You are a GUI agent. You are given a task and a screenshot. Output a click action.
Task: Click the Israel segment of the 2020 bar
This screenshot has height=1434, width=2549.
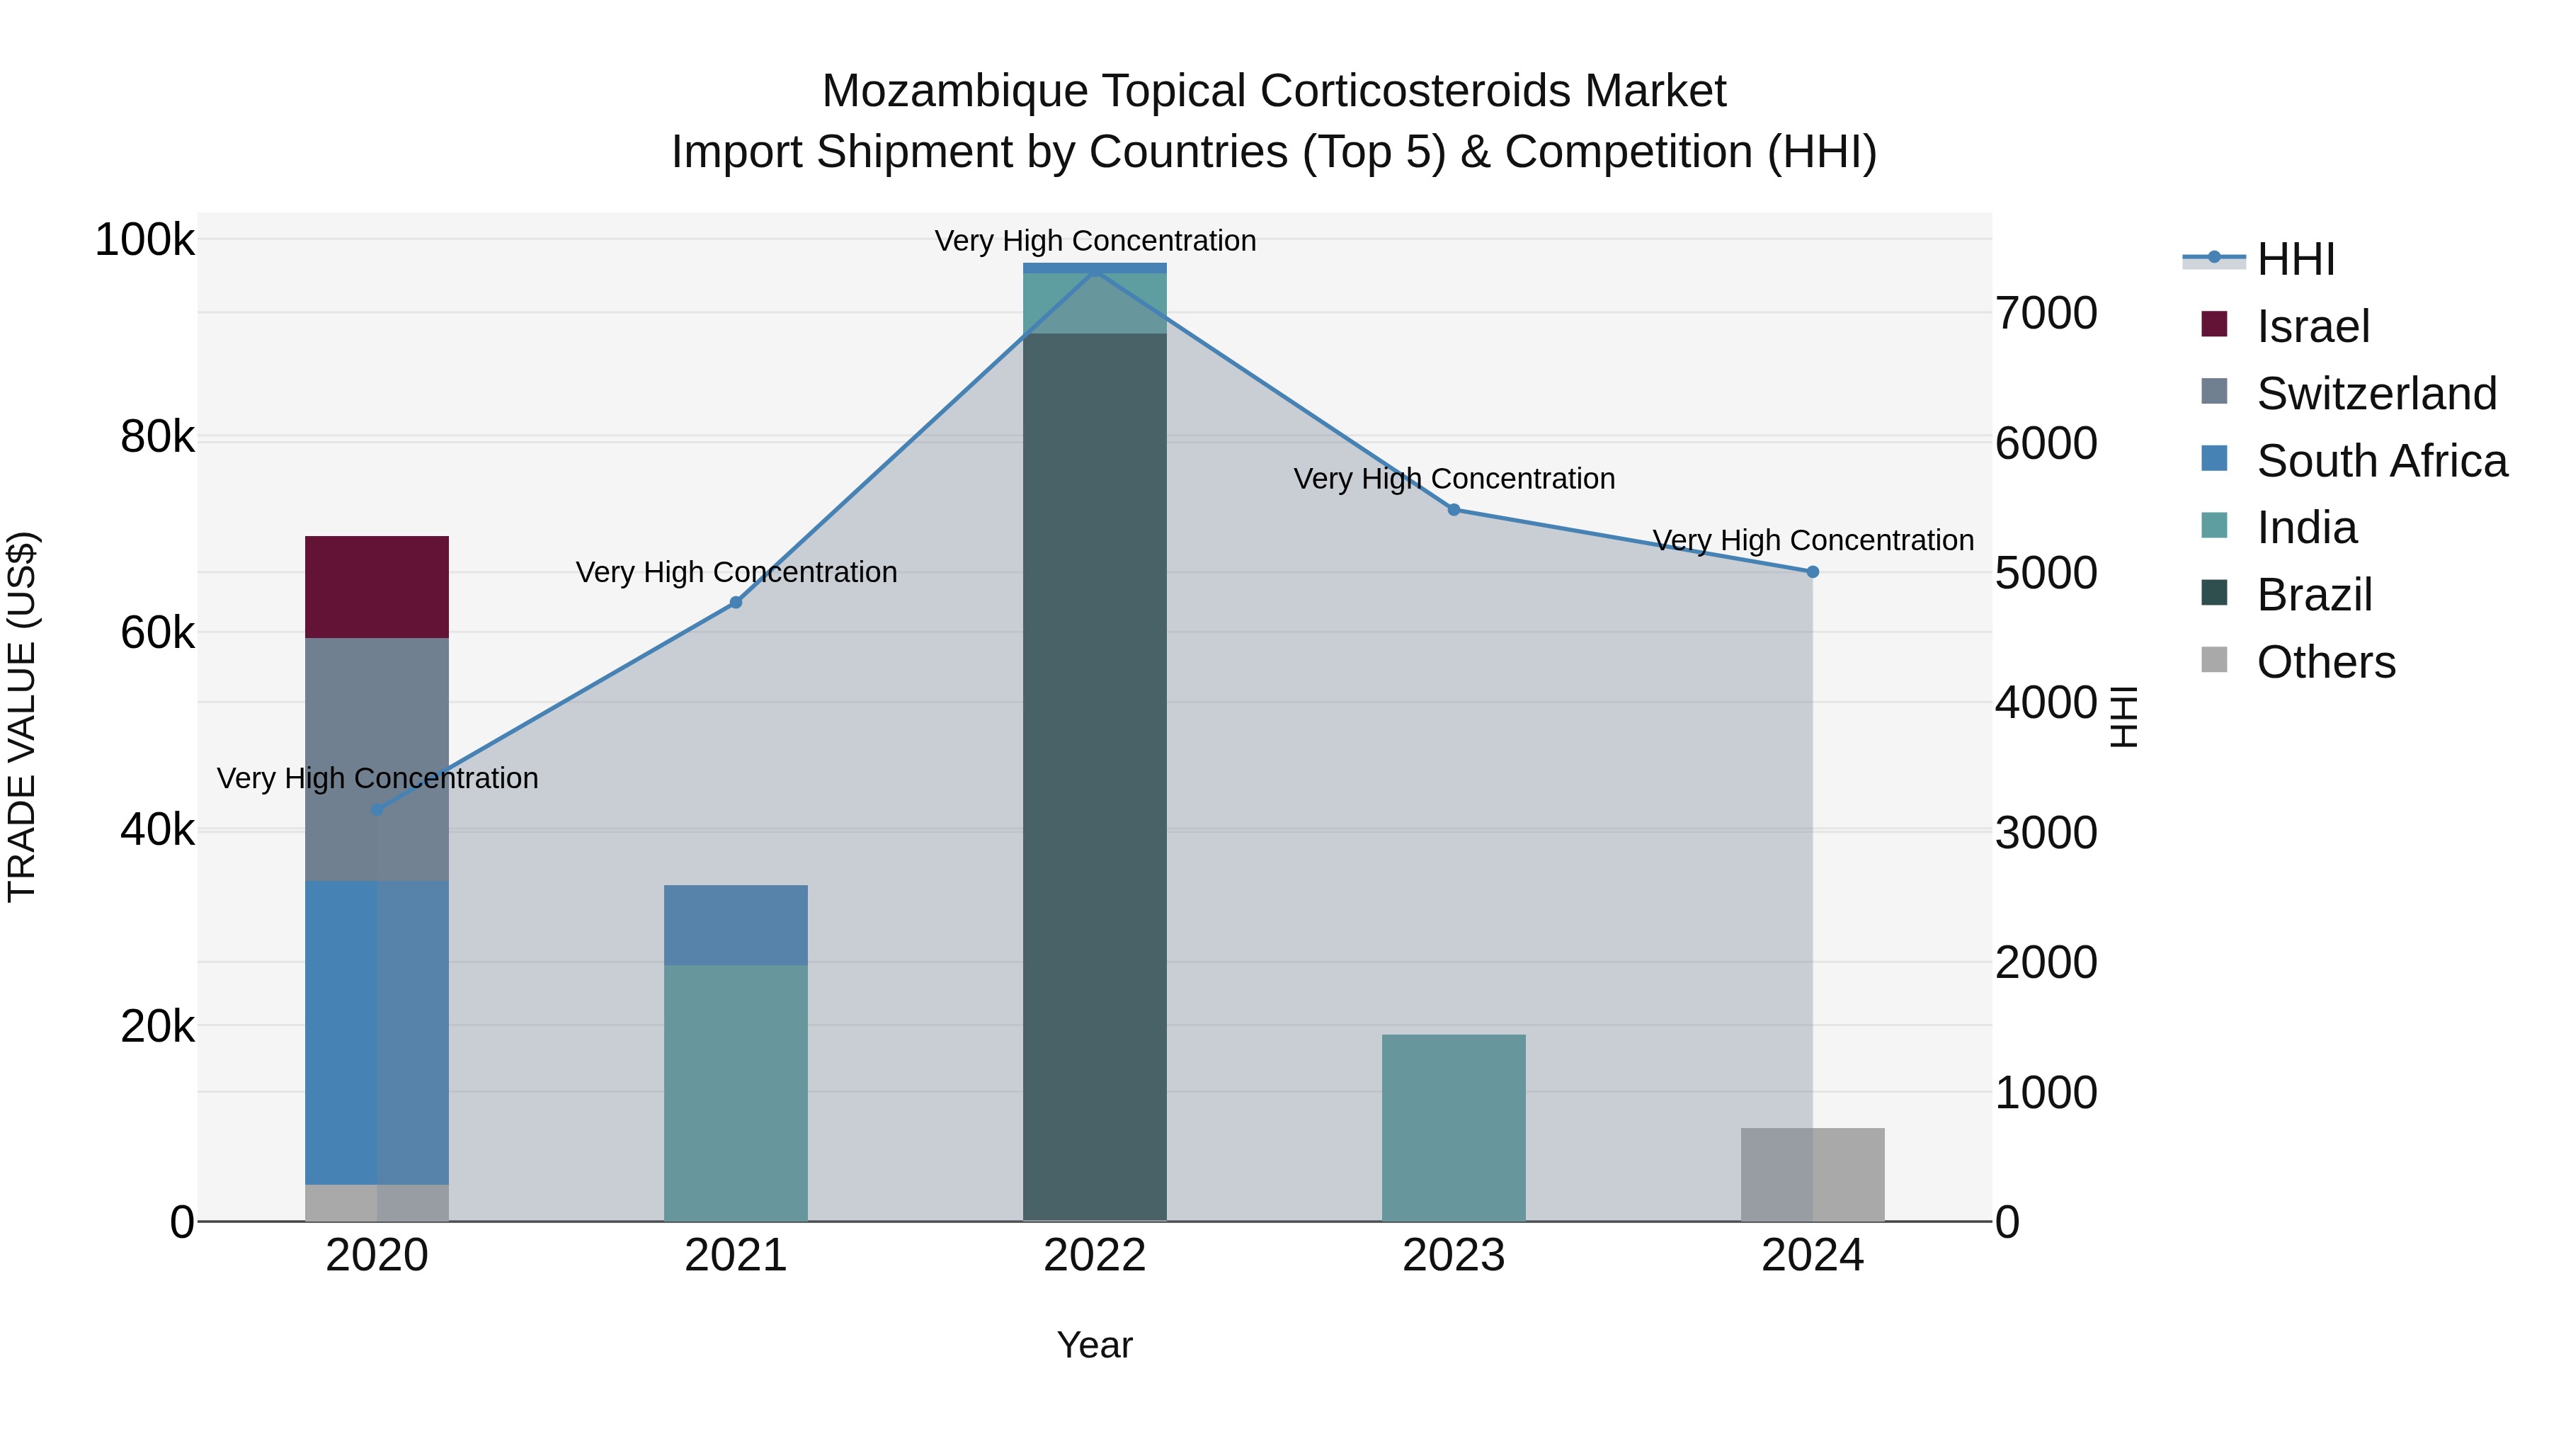tap(376, 587)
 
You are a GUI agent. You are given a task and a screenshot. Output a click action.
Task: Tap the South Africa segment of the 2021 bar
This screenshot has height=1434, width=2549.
tap(735, 924)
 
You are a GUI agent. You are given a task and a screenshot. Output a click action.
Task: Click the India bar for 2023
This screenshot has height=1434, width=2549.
tap(1454, 1127)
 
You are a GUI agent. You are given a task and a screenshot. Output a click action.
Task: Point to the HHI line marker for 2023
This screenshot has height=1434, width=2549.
tap(1454, 510)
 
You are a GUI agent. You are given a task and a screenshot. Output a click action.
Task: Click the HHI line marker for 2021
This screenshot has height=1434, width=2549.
tap(735, 603)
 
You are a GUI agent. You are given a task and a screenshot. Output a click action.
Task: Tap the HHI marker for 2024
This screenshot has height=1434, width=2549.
tap(1812, 572)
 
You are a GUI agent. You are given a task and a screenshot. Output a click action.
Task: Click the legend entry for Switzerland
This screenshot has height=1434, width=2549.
tap(2376, 394)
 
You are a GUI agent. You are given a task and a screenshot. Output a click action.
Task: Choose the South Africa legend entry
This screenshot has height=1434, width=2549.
tap(2380, 461)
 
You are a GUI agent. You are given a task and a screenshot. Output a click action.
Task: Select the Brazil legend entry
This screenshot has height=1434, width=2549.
tap(2313, 595)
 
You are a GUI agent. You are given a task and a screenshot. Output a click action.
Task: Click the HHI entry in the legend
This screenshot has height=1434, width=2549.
tap(2296, 259)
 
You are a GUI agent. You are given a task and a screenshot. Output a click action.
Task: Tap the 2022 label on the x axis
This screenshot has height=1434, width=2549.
tap(1095, 1256)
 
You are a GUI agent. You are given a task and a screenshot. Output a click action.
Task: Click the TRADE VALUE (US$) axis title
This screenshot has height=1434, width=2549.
tap(22, 717)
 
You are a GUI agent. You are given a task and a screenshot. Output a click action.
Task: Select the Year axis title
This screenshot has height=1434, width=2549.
tap(1095, 1345)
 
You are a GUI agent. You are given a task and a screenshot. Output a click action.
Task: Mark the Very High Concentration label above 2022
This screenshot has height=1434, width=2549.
tap(1095, 241)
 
